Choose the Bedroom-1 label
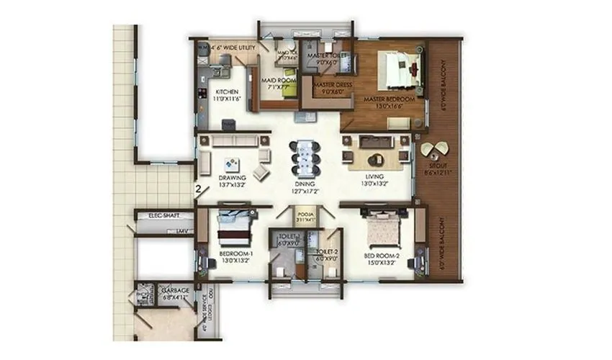point(235,254)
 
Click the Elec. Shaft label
point(163,215)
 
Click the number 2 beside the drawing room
point(197,190)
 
